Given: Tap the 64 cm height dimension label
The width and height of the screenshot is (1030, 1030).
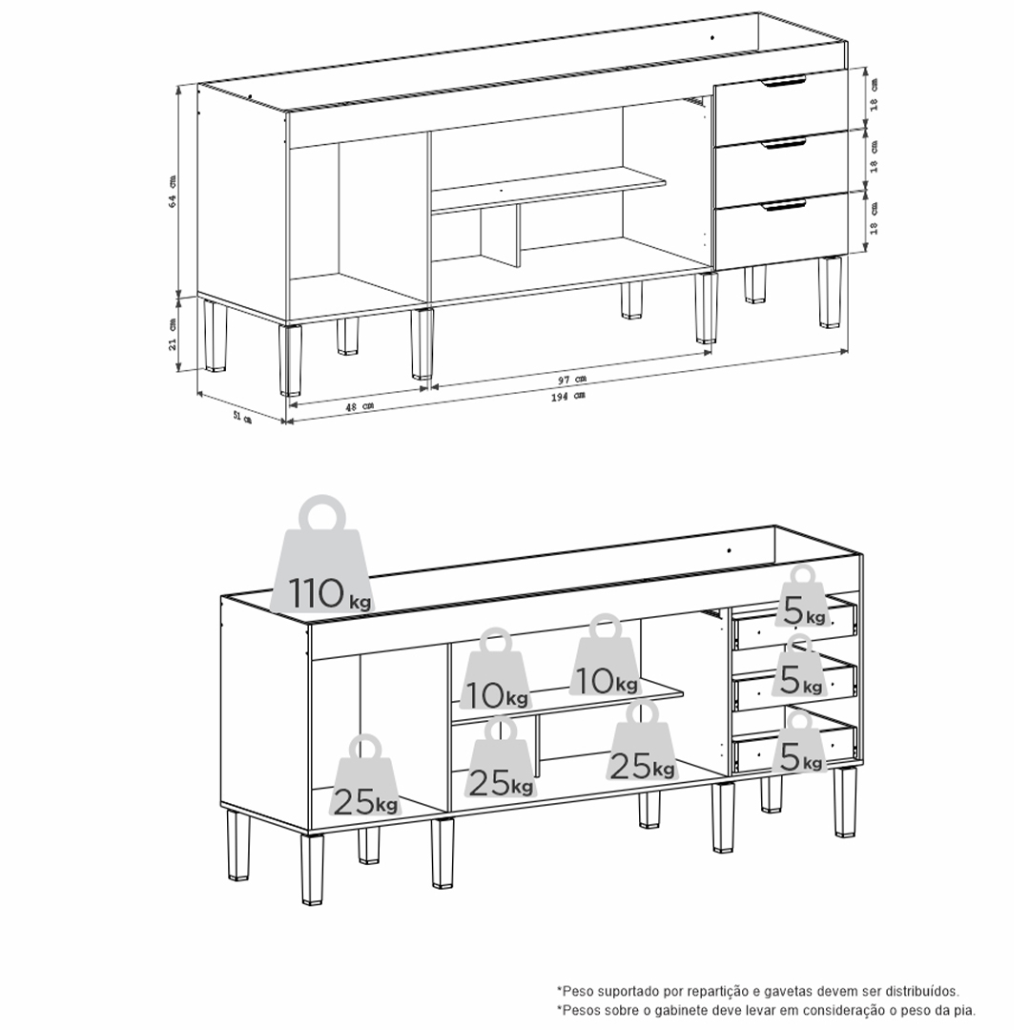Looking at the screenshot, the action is click(173, 191).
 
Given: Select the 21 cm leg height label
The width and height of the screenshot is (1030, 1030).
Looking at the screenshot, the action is click(173, 335).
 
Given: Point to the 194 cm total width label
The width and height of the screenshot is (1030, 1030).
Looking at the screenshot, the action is click(568, 396).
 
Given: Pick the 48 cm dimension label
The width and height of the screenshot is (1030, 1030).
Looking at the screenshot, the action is click(360, 406).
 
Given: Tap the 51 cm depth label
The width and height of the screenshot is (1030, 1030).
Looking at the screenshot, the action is click(242, 417).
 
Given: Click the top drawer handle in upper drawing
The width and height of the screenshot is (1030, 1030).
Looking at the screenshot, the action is click(783, 81).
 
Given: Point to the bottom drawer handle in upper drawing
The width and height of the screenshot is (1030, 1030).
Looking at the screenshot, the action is click(784, 206).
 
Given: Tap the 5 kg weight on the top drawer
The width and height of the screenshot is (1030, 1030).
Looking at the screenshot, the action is click(801, 597).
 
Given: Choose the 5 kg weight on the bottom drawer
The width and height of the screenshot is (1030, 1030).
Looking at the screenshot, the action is click(799, 742).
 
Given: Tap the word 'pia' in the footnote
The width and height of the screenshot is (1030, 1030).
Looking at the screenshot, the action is click(964, 1010).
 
